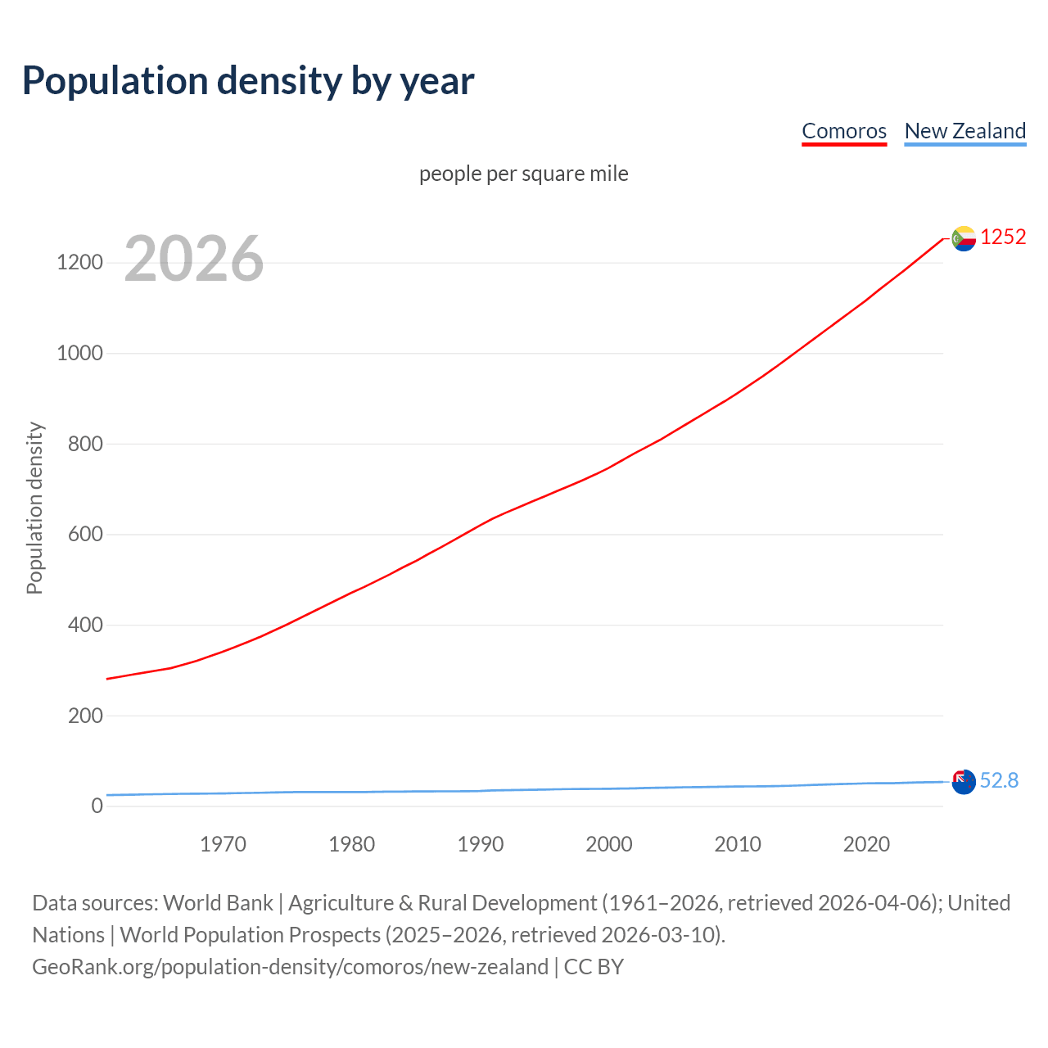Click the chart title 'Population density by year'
(x=248, y=81)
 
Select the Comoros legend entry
(x=844, y=131)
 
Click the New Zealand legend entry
(x=964, y=131)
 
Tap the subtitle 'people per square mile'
(x=523, y=174)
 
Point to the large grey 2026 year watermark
(x=194, y=259)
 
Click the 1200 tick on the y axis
(x=79, y=263)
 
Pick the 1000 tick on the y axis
(x=79, y=354)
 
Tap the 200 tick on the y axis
(x=85, y=716)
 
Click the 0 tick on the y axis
(x=97, y=806)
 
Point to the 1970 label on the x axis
(x=223, y=844)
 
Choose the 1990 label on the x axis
(x=481, y=844)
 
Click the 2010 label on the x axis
(x=738, y=844)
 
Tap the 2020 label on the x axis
(x=866, y=844)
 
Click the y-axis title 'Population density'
(x=34, y=508)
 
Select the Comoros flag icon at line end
(x=964, y=238)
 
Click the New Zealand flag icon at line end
(x=964, y=781)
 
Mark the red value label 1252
(x=1003, y=237)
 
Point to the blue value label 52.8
(x=999, y=781)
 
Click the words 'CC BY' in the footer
(x=594, y=967)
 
